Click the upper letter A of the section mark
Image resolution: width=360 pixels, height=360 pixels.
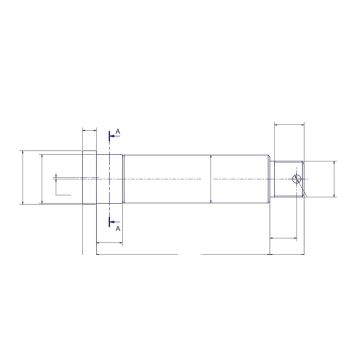pyautogui.click(x=119, y=131)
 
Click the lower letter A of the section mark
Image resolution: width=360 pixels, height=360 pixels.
pyautogui.click(x=119, y=229)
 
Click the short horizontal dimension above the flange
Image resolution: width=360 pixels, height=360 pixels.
pyautogui.click(x=90, y=132)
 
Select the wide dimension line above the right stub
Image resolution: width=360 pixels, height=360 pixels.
pyautogui.click(x=288, y=125)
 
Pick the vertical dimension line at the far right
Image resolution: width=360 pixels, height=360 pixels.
pyautogui.click(x=331, y=179)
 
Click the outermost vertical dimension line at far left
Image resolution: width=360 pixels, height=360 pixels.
pyautogui.click(x=21, y=179)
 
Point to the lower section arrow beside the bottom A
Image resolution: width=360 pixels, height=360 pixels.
pyautogui.click(x=113, y=220)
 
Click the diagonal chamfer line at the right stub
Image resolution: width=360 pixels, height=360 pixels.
pyautogui.click(x=298, y=182)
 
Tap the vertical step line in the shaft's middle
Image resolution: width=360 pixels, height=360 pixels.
pyautogui.click(x=210, y=179)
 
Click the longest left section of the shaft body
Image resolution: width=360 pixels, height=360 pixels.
pyautogui.click(x=165, y=179)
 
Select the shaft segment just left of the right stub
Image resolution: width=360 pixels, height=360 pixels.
pyautogui.click(x=240, y=179)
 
